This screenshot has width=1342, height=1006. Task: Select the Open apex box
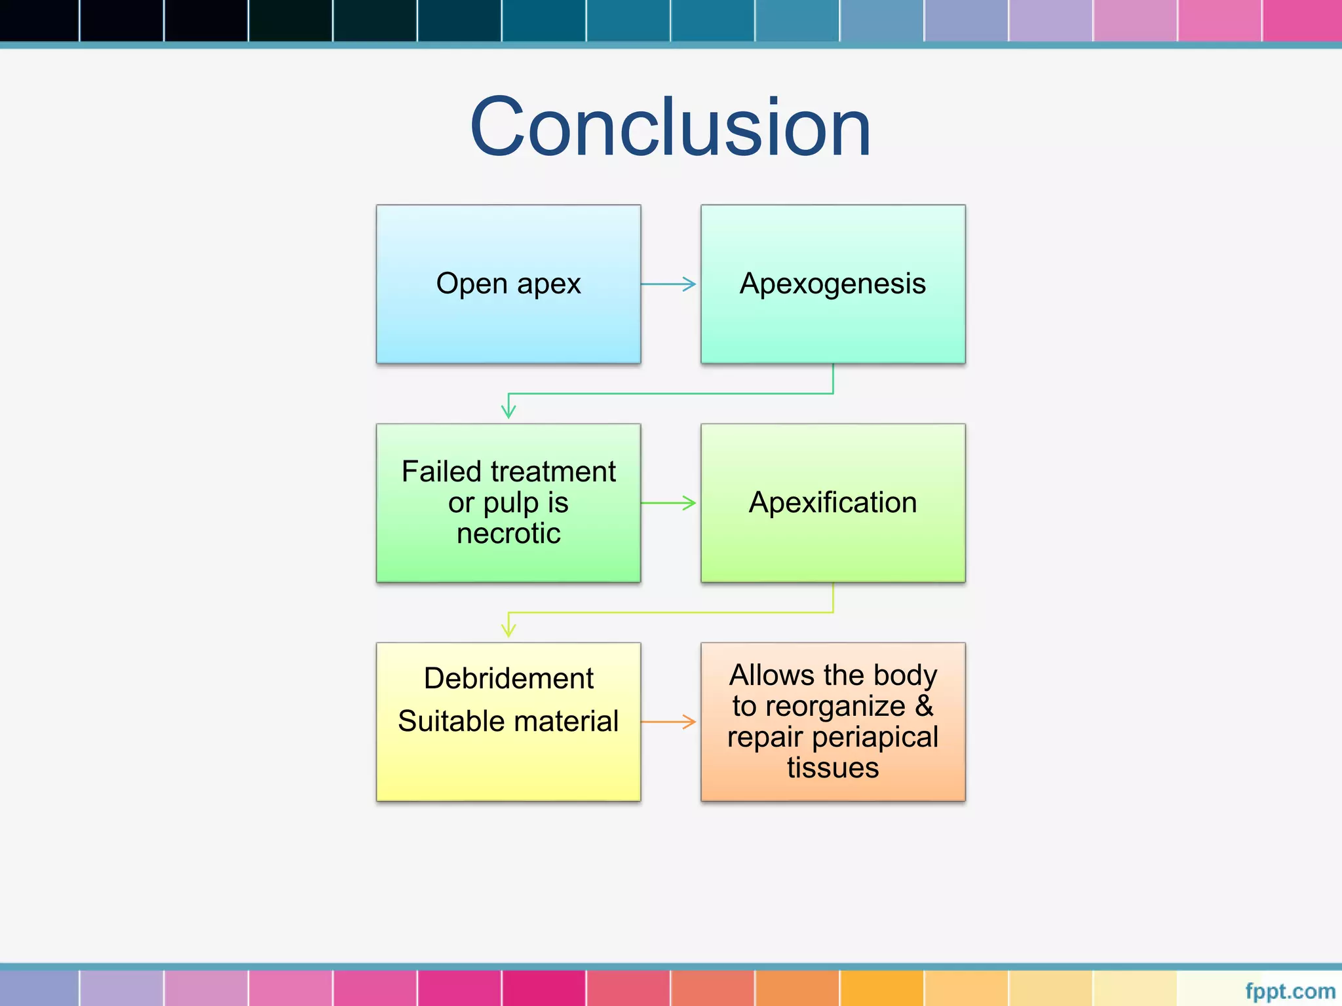tap(508, 284)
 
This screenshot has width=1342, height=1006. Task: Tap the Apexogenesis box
tap(832, 284)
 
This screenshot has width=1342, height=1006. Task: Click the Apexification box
tap(832, 502)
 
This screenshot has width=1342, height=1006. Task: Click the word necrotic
tap(508, 533)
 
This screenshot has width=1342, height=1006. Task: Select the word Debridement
tap(508, 678)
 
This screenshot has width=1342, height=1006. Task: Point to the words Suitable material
tap(508, 721)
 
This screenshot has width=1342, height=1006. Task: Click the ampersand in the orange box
tap(924, 706)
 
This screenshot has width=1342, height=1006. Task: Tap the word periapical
tap(875, 737)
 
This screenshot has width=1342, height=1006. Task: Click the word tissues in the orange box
tap(832, 768)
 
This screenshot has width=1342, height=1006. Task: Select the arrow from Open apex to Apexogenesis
tap(668, 284)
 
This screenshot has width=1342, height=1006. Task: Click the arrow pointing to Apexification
tap(668, 503)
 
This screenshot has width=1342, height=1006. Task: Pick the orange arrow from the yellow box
tap(668, 722)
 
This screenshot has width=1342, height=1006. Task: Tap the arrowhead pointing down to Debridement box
tap(508, 629)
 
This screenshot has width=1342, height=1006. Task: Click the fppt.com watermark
tap(1290, 991)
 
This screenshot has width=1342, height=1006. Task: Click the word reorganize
tap(835, 706)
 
